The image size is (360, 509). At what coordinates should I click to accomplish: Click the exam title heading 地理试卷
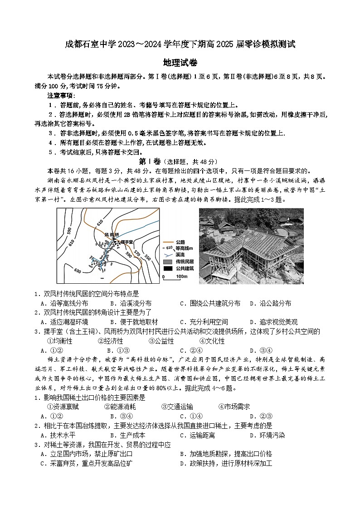point(180,63)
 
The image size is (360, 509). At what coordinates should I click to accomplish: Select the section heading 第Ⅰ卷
point(150,162)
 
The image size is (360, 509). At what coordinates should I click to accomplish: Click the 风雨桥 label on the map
point(112,235)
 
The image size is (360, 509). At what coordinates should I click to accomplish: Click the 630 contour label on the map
point(78,271)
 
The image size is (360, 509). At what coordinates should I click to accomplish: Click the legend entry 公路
point(180,242)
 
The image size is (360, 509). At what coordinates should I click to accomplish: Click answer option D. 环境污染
point(267,435)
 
